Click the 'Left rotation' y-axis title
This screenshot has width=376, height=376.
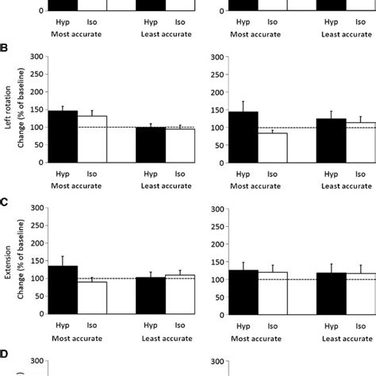coord(7,109)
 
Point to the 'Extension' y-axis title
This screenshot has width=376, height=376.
coord(7,263)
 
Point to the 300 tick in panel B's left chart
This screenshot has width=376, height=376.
coord(35,56)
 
